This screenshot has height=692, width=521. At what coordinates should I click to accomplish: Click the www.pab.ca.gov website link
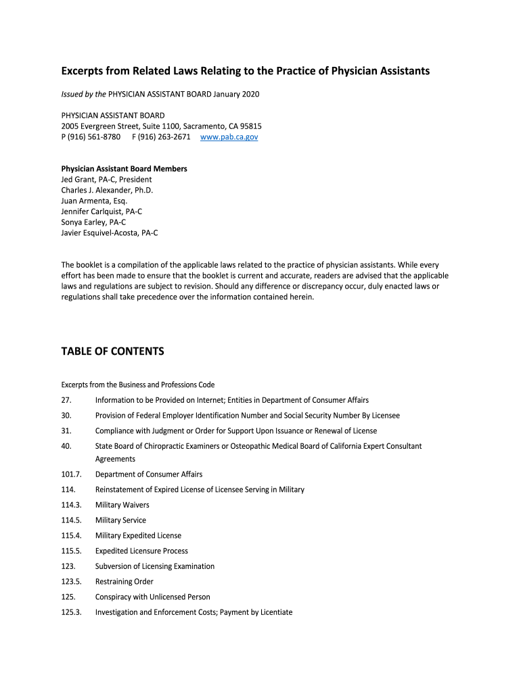click(229, 137)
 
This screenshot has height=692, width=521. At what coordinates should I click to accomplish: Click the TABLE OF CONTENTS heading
click(112, 351)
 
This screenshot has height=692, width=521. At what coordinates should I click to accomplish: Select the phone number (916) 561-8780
click(94, 137)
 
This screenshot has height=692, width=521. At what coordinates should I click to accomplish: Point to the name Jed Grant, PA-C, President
click(106, 180)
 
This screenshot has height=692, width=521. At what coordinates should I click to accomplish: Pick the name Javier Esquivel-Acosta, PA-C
click(110, 233)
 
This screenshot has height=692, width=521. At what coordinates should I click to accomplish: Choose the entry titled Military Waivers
click(122, 505)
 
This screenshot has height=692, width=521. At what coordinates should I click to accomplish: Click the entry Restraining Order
click(124, 582)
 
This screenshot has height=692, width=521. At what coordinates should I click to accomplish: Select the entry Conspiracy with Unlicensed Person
click(152, 597)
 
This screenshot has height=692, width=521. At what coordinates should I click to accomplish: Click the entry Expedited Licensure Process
click(141, 551)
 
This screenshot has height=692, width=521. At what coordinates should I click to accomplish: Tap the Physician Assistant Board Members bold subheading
click(124, 168)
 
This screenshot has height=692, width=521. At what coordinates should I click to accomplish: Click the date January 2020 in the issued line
click(236, 94)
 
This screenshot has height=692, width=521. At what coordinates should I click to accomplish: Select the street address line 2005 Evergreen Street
click(161, 126)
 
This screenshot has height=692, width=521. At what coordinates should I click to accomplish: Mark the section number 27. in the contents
click(66, 400)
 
